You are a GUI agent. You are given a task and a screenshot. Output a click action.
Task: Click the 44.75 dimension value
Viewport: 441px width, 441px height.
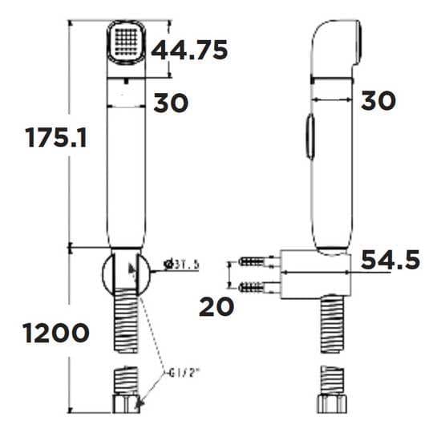click(190, 50)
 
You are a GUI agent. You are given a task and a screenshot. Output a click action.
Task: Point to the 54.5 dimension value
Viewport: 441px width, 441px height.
click(390, 261)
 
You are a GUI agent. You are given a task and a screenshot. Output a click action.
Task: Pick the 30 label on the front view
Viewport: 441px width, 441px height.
click(171, 103)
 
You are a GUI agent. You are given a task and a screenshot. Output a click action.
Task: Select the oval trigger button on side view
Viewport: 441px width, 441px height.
click(308, 140)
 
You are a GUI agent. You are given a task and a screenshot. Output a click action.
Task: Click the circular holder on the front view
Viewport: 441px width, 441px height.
click(125, 273)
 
